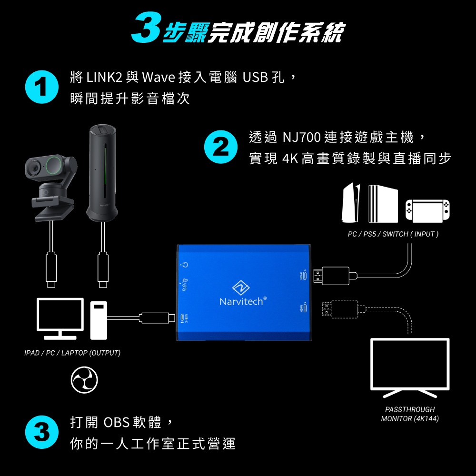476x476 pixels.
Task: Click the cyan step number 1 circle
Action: (42, 87)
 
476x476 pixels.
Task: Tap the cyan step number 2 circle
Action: (221, 147)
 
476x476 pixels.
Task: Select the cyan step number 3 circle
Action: (42, 432)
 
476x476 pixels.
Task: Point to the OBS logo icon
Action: (84, 380)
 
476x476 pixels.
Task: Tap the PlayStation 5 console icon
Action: (351, 202)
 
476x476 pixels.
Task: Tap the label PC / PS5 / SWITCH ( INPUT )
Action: (393, 234)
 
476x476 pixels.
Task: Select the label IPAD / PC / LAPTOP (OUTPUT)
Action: (72, 353)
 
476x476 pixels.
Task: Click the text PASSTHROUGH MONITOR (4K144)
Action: (410, 414)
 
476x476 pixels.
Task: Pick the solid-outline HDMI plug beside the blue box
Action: (331, 276)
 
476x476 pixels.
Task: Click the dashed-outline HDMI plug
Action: (340, 309)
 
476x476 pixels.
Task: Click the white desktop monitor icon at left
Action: (60, 318)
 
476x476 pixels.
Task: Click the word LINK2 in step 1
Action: (104, 77)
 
